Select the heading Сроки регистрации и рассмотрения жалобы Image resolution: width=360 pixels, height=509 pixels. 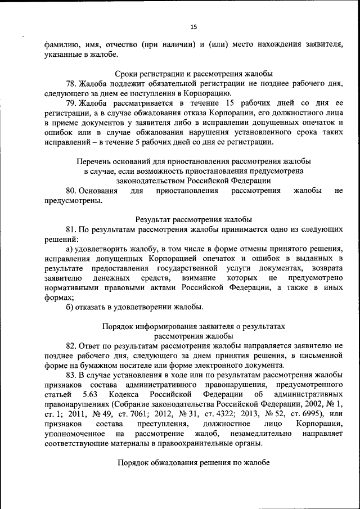193,74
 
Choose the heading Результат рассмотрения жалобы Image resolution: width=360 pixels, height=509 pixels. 193,219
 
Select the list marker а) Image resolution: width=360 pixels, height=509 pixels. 70,249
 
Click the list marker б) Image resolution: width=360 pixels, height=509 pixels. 70,307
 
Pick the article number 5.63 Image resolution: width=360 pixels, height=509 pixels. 91,394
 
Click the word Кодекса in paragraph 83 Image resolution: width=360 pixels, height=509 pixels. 125,394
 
